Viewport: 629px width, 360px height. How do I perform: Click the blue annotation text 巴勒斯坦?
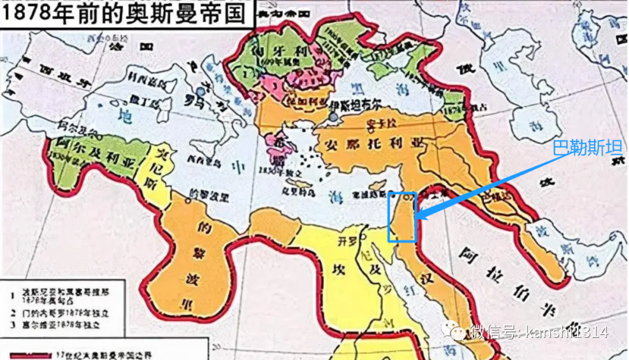point(579,147)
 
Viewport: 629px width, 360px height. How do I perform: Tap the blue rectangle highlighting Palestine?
point(402,217)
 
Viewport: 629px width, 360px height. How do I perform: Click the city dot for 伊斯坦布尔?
point(332,117)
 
